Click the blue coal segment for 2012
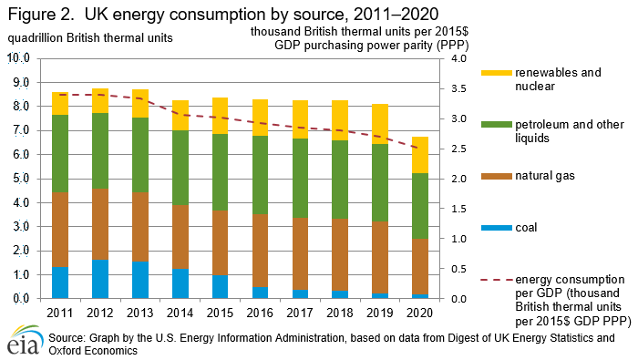(100, 279)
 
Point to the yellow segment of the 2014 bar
(180, 116)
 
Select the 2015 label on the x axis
(221, 313)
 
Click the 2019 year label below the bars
(381, 313)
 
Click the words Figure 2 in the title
(36, 15)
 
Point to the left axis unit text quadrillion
(36, 37)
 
